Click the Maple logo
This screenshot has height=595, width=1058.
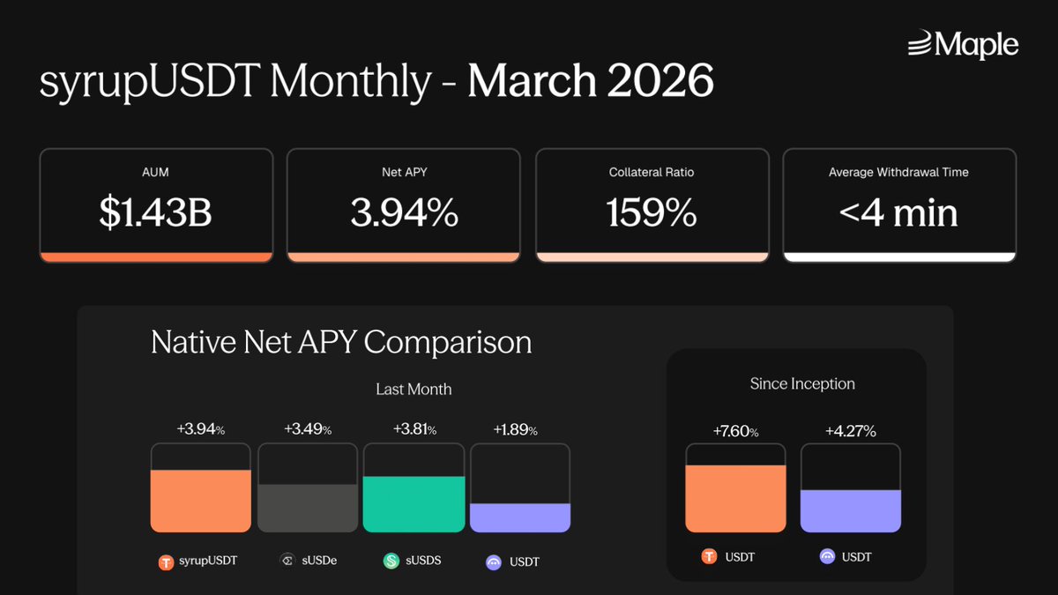coord(963,44)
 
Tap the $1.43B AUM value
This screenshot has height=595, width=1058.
coord(155,213)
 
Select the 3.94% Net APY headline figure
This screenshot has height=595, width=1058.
coord(404,213)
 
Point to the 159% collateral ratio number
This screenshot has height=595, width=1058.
coord(652,213)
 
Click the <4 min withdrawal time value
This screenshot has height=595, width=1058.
coord(898,213)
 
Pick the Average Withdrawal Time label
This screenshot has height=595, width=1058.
coord(898,172)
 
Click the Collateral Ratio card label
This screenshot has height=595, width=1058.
coord(652,172)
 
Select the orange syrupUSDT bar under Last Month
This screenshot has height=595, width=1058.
coord(201,501)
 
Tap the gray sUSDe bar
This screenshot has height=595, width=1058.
coord(308,508)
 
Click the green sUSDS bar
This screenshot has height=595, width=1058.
coord(414,504)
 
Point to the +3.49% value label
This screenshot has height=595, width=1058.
coord(307,429)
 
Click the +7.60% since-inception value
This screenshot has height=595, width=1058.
coord(735,431)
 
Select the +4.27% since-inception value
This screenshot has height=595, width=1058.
coord(850,431)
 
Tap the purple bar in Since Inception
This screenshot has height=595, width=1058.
coord(850,511)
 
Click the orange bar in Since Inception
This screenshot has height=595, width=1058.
coord(735,498)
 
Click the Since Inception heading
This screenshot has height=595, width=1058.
coord(802,383)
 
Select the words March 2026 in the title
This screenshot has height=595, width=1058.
coord(590,81)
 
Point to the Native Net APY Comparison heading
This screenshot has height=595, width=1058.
coord(341,341)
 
